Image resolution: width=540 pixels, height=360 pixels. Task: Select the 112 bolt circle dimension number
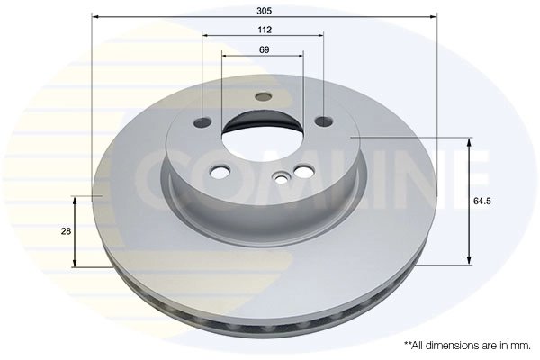coord(264,29)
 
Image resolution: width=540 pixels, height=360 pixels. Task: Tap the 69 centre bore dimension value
coord(264,49)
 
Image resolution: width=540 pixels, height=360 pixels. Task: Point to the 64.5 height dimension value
coord(481,202)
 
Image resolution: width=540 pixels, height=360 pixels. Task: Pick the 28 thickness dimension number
coord(66,231)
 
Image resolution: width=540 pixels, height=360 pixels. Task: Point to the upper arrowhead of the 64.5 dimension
coord(467,142)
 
